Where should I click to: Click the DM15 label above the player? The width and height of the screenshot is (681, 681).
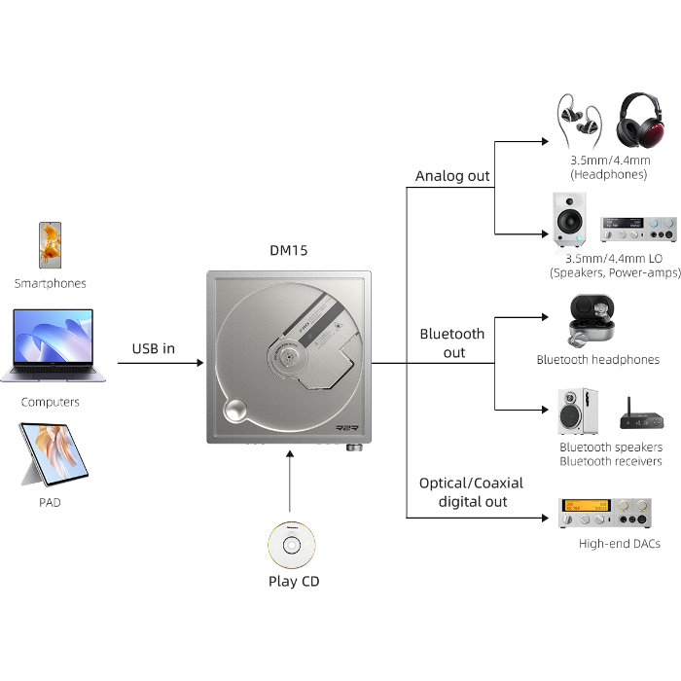point(289,251)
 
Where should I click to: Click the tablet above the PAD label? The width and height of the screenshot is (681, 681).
point(54,454)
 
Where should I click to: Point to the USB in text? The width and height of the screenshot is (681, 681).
point(154,348)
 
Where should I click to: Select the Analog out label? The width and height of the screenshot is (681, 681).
point(452,176)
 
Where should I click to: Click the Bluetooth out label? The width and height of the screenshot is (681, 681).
point(452,343)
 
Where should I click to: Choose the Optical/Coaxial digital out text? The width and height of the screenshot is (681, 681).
point(471,492)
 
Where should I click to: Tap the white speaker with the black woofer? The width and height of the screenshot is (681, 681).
point(570,220)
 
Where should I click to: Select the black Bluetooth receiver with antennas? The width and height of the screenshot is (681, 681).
point(642,416)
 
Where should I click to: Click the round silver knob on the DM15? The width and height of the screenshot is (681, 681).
point(235,409)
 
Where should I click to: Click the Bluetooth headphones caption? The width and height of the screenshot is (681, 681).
point(598,360)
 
